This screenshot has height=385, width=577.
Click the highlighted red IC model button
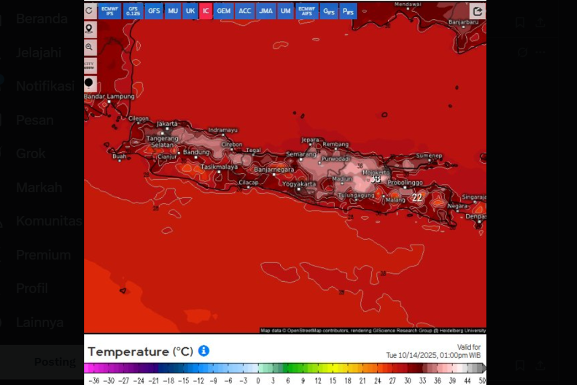click(206, 11)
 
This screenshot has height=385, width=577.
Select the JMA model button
click(266, 11)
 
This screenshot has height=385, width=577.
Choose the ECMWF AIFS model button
click(307, 11)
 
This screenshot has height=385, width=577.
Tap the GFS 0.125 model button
click(133, 11)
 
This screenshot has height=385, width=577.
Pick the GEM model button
click(224, 11)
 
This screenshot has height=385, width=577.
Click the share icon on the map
click(477, 11)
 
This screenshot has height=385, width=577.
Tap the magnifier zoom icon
click(89, 47)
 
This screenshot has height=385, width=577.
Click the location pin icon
click(89, 29)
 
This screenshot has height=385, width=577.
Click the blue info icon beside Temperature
click(204, 351)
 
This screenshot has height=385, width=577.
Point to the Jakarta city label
click(167, 124)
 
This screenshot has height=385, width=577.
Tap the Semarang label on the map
click(301, 154)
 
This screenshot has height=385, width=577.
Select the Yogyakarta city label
click(299, 184)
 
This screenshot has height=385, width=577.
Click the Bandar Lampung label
click(109, 97)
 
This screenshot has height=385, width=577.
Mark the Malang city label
click(396, 200)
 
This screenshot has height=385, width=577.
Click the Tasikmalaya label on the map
click(219, 167)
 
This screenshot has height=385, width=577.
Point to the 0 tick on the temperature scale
click(258, 381)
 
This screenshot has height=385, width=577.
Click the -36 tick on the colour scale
click(94, 381)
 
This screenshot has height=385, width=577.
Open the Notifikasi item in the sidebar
click(45, 86)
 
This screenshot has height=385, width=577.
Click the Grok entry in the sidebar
click(31, 154)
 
